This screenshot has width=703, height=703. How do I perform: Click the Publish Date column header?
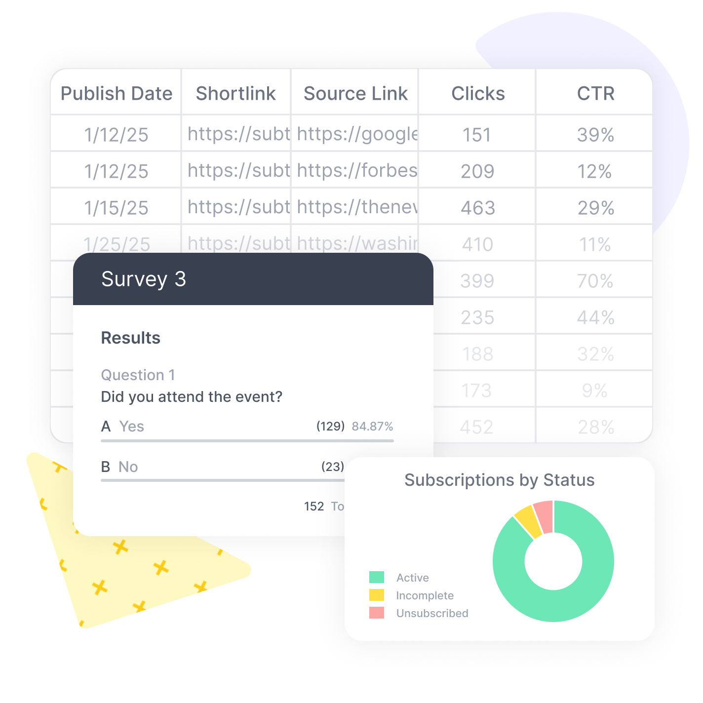[x=117, y=93]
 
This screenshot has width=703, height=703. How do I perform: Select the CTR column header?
[x=595, y=93]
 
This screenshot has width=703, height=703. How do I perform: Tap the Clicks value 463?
[x=478, y=208]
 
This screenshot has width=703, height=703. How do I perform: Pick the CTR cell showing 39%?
[x=595, y=135]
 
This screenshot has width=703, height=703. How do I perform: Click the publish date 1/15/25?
[x=117, y=208]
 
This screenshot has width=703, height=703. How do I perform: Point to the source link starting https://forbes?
[x=357, y=171]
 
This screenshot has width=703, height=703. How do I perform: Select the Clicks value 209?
[x=477, y=171]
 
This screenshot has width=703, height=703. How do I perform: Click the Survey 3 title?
[x=144, y=279]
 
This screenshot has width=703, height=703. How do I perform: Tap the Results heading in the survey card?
[x=131, y=338]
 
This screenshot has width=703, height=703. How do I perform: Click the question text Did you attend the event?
[x=192, y=397]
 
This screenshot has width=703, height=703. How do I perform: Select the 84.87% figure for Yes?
[x=372, y=427]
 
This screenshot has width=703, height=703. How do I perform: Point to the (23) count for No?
[x=332, y=467]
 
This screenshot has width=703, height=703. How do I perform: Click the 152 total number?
[x=314, y=507]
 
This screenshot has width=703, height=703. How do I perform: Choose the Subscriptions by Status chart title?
[x=499, y=480]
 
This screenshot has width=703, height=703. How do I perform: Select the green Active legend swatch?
[x=377, y=577]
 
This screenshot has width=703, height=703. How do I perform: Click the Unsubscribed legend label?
[x=432, y=613]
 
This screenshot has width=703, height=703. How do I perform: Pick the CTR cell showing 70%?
[x=595, y=281]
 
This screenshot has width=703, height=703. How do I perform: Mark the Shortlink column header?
[x=235, y=93]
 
